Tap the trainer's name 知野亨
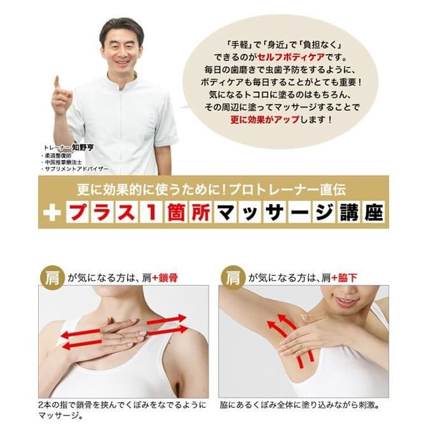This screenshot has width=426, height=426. [83, 148]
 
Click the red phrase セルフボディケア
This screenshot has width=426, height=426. [291, 57]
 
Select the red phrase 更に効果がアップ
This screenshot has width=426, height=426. [265, 120]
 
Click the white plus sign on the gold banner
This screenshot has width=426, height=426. [52, 213]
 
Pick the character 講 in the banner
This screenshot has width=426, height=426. [348, 212]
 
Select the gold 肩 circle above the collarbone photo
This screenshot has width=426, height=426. [52, 278]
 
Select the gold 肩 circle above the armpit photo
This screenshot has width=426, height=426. [233, 278]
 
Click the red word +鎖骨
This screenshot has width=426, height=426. [165, 278]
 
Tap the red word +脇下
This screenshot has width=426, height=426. [344, 278]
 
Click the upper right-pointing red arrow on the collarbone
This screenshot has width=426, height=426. [167, 320]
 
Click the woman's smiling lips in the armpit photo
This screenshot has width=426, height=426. [345, 301]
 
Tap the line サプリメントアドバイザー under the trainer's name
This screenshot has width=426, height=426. [76, 169]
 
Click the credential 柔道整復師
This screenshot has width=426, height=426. [58, 156]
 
